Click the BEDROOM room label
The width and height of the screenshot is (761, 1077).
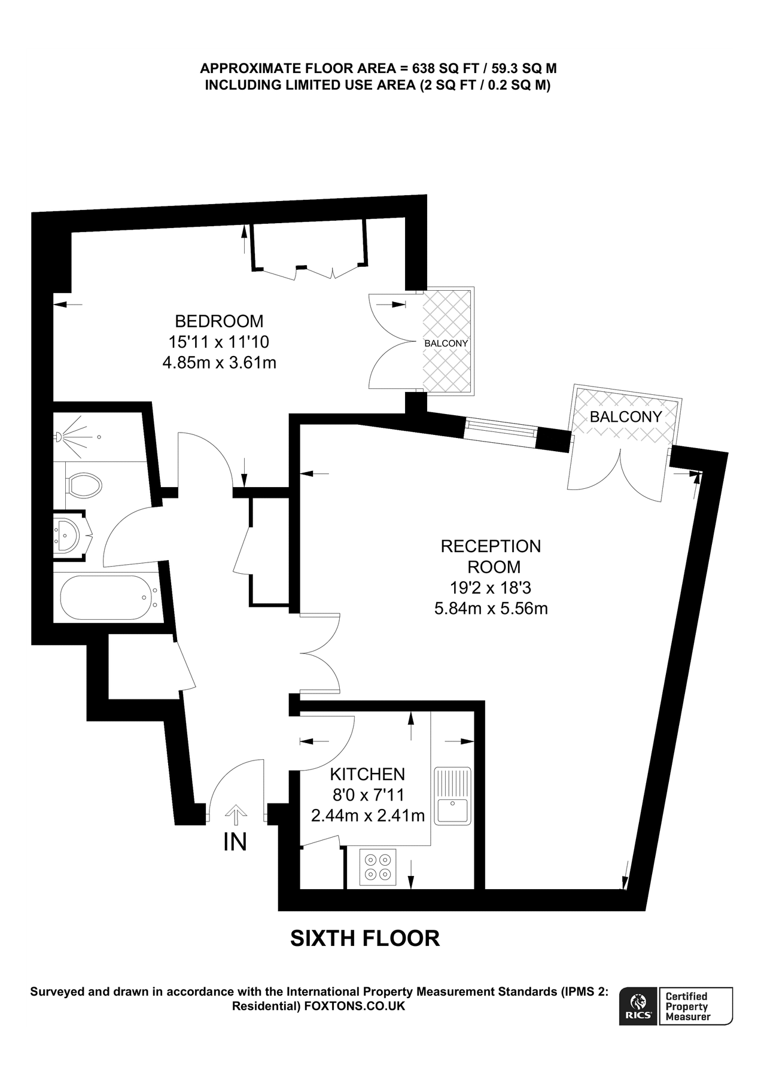point(219,321)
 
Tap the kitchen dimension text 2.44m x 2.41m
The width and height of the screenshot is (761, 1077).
point(368,815)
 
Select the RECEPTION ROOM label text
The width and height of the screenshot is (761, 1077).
point(491,556)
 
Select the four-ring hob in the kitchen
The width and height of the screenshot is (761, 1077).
point(378,867)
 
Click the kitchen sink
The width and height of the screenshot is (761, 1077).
point(453,795)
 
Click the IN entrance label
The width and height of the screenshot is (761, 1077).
point(235,842)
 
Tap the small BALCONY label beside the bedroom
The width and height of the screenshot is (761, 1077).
point(446,343)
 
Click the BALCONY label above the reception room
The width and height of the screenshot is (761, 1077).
point(626,417)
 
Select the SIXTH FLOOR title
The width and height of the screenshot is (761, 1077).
point(365,938)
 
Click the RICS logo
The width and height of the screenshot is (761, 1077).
point(638,1007)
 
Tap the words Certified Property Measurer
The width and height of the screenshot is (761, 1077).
point(689,1006)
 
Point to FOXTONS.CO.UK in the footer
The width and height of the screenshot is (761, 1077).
point(355,1006)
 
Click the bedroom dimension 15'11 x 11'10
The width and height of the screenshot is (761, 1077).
point(219,342)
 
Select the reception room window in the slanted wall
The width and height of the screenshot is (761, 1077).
point(501,429)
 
